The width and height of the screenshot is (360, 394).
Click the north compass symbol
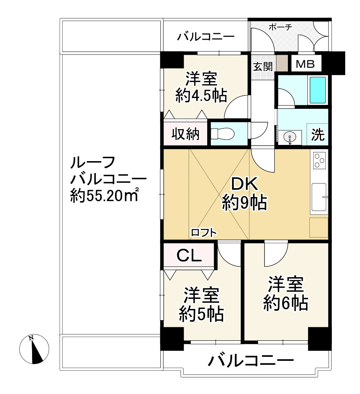[34, 349]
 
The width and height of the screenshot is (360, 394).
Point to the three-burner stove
[319, 161]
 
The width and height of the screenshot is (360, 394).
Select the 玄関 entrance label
[262, 67]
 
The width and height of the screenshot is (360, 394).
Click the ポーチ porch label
[280, 27]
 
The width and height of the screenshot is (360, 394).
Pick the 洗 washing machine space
[317, 134]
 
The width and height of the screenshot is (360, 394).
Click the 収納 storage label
[185, 134]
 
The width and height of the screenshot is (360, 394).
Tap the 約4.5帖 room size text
[201, 96]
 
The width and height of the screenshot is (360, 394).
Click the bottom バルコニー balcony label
[251, 360]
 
